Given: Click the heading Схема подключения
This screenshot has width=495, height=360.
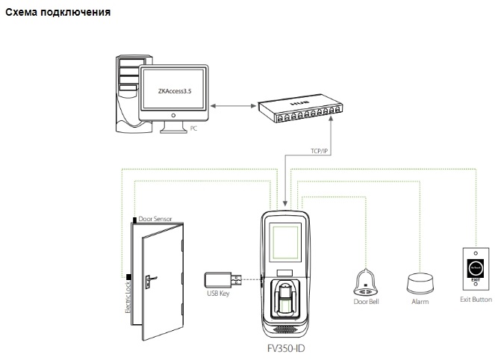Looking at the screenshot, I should (58, 13).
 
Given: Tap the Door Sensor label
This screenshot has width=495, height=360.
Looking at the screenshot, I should (155, 219).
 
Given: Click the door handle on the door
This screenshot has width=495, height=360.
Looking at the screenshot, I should (151, 281).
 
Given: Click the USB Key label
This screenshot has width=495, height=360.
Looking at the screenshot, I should (218, 294).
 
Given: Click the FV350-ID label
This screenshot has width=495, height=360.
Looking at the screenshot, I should (286, 347).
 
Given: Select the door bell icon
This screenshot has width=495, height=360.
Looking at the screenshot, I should (366, 281).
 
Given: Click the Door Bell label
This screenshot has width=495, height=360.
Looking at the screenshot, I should (366, 302).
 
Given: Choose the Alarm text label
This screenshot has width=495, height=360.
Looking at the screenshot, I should (420, 302).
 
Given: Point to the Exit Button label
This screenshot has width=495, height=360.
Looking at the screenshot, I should (476, 300).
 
